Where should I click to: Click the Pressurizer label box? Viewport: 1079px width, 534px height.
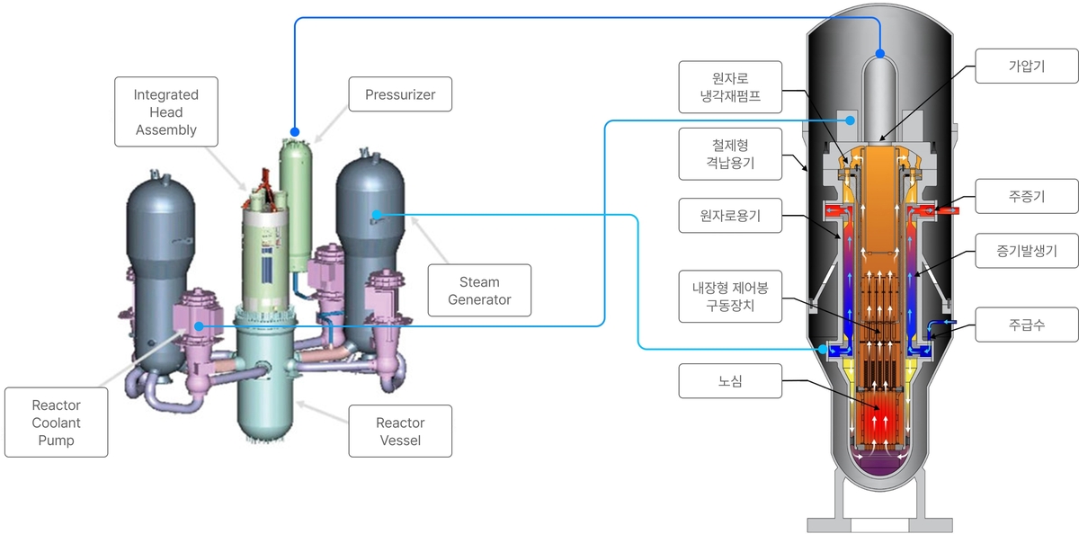tap(399, 93)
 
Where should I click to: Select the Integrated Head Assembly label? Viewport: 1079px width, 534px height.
tap(165, 111)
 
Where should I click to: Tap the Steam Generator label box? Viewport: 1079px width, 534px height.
tap(479, 291)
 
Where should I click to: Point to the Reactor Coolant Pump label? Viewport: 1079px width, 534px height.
tap(57, 422)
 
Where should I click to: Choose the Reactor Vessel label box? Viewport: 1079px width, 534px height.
tap(399, 431)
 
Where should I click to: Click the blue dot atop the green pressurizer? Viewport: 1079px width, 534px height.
tap(294, 131)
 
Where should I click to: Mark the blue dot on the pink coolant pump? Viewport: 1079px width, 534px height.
tap(197, 325)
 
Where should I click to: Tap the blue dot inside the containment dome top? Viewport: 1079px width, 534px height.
tap(879, 54)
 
